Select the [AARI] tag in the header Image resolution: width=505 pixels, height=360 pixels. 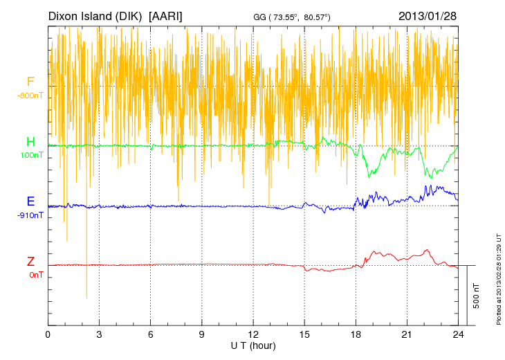pyautogui.click(x=166, y=15)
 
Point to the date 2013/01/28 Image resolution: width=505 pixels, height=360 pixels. pyautogui.click(x=428, y=15)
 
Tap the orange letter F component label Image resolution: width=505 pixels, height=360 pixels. pyautogui.click(x=30, y=82)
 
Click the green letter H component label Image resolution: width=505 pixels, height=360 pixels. pyautogui.click(x=30, y=142)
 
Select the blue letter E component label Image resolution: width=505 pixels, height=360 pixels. pyautogui.click(x=30, y=201)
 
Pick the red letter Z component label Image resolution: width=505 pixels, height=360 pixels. pyautogui.click(x=30, y=261)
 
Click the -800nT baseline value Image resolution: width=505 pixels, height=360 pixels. pyautogui.click(x=30, y=96)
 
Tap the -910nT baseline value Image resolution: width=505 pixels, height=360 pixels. pyautogui.click(x=31, y=215)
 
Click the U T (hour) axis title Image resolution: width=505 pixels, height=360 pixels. pyautogui.click(x=253, y=345)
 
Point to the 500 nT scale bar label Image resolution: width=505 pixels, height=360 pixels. pyautogui.click(x=477, y=296)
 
